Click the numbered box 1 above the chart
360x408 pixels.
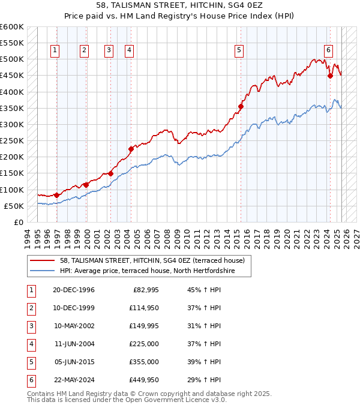55,51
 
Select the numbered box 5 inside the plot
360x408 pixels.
239,51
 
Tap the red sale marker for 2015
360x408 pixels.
241,107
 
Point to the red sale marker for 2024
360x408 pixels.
330,76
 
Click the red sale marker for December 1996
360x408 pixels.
56,195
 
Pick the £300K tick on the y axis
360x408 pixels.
12,125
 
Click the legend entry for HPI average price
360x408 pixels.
146,271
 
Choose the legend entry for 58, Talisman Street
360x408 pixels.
152,260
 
